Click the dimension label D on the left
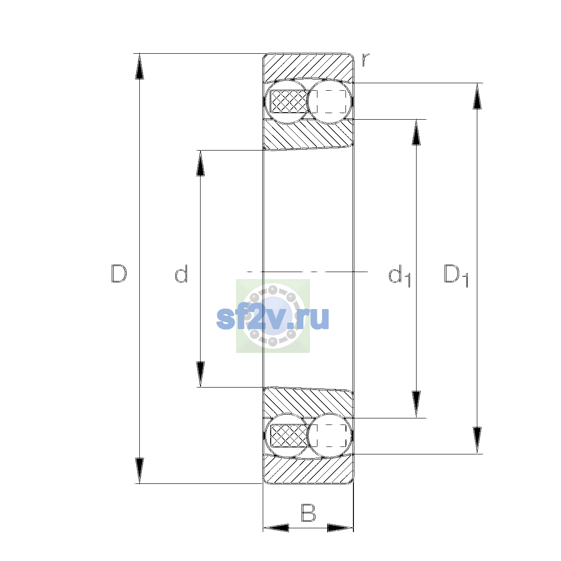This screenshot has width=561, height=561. pyautogui.click(x=119, y=273)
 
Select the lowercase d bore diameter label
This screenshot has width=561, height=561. pyautogui.click(x=181, y=273)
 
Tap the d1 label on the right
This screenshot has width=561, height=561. pyautogui.click(x=399, y=275)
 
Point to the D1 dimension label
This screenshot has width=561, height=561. pyautogui.click(x=456, y=275)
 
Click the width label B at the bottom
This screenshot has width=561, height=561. pyautogui.click(x=308, y=521)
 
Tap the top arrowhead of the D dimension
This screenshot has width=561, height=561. pyautogui.click(x=139, y=66)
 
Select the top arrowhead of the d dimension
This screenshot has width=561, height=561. pyautogui.click(x=200, y=163)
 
